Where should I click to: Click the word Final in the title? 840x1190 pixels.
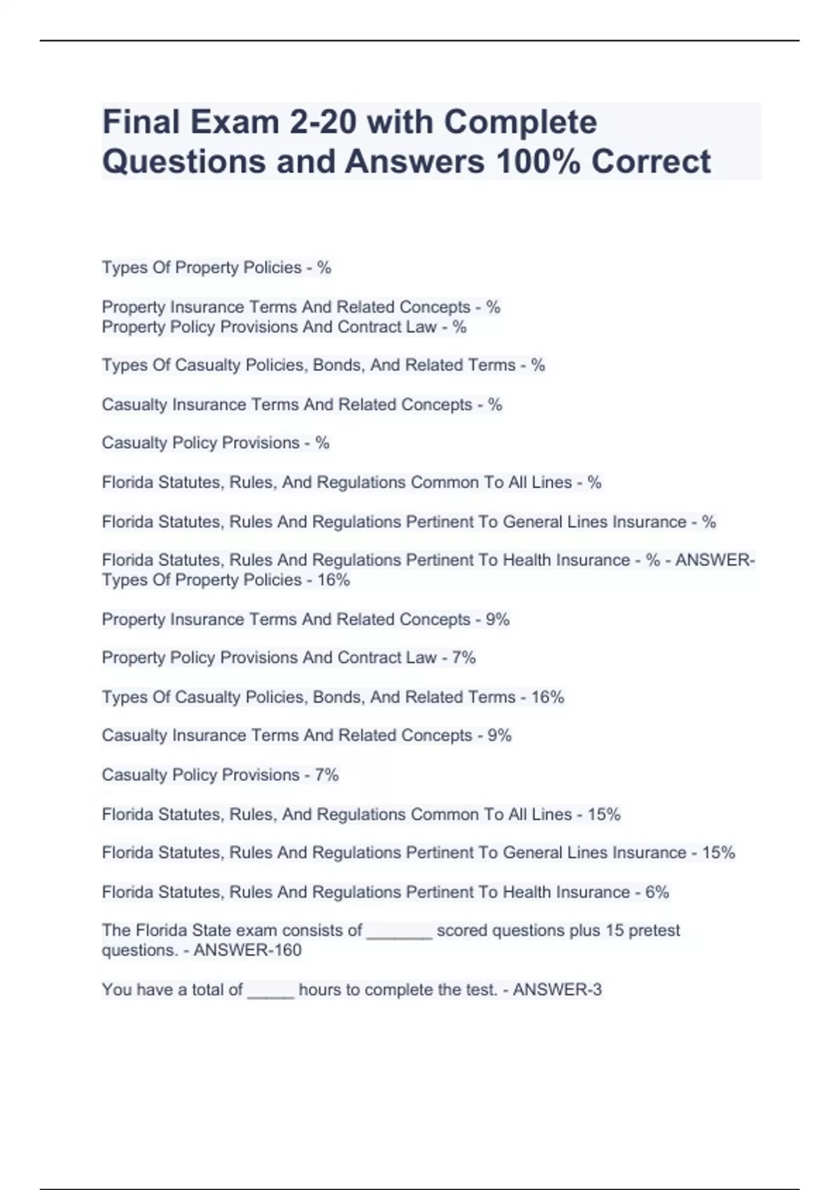point(141,122)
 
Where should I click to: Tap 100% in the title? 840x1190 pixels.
point(538,161)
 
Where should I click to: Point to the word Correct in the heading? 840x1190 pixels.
point(651,161)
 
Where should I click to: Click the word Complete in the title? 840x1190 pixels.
point(520,122)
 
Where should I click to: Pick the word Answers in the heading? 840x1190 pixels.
point(414,161)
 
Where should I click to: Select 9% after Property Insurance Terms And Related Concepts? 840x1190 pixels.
point(498,619)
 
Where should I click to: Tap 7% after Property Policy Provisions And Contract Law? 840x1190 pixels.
point(463,658)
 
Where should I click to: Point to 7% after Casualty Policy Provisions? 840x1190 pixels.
point(327,775)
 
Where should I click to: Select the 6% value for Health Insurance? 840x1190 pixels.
point(657,892)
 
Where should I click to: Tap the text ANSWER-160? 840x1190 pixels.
point(247,951)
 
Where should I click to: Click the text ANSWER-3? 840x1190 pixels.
point(557,990)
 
